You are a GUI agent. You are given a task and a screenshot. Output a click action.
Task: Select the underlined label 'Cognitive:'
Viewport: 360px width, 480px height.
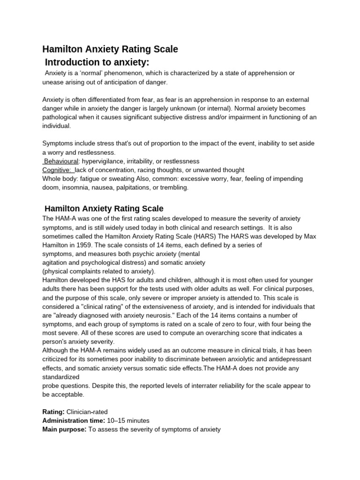57,170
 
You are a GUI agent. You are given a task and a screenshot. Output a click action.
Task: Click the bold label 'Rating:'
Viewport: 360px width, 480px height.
53,412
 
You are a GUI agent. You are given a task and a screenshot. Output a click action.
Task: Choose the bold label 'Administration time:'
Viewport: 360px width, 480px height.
73,420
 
